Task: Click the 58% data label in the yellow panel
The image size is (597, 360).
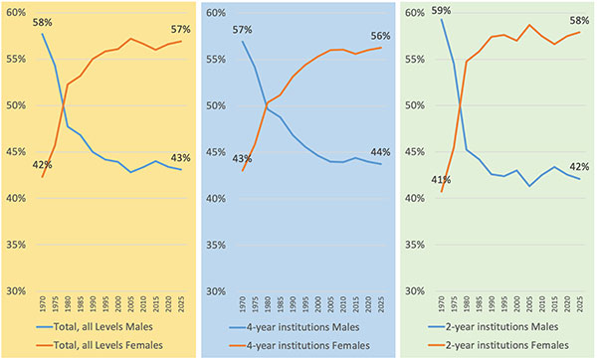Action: coord(42,23)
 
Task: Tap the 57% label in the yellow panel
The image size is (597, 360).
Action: coord(180,29)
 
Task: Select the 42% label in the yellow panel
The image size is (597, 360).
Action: coord(42,165)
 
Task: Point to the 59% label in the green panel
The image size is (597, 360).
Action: coord(441,11)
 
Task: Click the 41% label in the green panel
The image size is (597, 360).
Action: coord(441,180)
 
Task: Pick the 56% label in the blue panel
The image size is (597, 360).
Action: coord(380,36)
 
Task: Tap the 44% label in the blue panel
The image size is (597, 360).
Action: coord(380,152)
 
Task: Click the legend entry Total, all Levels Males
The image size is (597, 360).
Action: coord(95,327)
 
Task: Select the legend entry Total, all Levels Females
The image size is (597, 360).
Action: coord(99,345)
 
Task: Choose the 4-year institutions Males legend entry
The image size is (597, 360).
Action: coord(295,327)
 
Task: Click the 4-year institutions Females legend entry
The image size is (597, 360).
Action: coord(299,345)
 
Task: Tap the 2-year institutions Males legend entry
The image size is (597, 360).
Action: coord(494,327)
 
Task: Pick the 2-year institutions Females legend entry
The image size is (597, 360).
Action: coord(498,345)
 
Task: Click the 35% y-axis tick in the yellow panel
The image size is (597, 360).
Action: coord(16,245)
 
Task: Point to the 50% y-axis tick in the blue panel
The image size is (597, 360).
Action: coord(216,105)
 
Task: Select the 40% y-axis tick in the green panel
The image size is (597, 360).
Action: coord(415,198)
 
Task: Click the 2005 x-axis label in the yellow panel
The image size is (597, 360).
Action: coord(130,305)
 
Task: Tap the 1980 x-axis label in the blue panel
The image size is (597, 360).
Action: coord(268,305)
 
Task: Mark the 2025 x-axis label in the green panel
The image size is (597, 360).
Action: coord(580,305)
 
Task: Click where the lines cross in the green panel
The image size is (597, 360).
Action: coord(460,105)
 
